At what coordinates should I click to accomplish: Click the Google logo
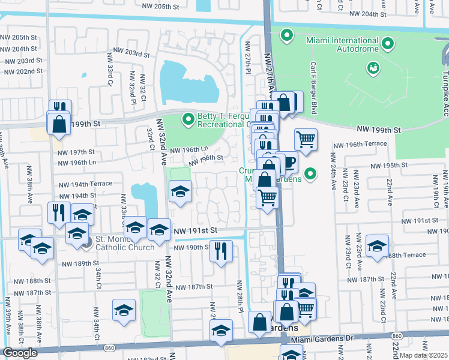pos(20,353)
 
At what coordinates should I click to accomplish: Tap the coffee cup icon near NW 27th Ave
pos(289,163)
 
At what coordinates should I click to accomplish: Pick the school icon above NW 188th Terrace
pos(378,245)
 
